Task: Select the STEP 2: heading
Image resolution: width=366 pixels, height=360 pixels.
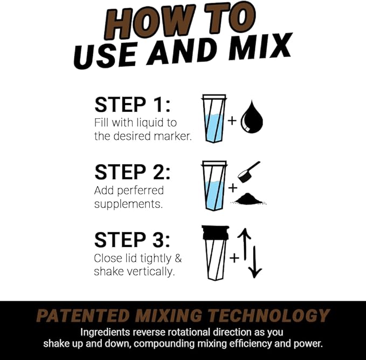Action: (132, 172)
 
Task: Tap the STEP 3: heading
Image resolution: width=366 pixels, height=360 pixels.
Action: (132, 240)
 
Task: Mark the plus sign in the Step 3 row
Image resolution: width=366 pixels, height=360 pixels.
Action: (234, 258)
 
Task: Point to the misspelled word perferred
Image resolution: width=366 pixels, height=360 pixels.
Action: (140, 191)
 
